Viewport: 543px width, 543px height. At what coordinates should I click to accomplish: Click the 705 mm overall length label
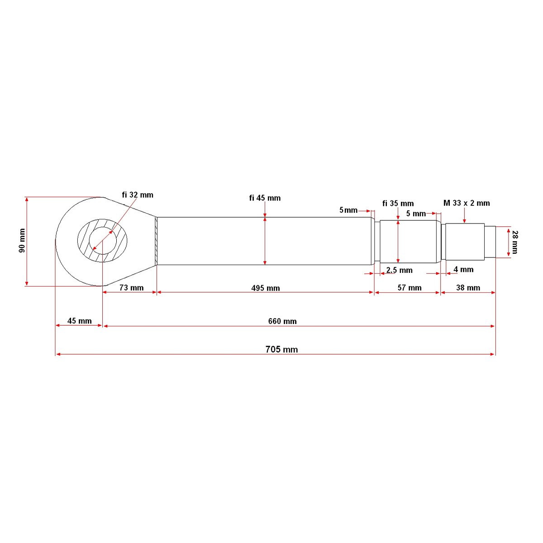281,349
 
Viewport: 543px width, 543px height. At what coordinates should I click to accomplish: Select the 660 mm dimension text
282,321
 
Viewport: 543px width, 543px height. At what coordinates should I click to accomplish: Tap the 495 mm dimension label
266,288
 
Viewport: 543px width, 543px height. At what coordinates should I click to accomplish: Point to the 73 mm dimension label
131,288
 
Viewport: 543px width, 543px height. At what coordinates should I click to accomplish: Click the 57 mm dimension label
410,288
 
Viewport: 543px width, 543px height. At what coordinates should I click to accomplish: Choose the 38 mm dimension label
468,288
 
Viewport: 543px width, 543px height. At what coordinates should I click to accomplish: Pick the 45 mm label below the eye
80,321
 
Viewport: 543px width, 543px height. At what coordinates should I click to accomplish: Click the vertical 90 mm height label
22,241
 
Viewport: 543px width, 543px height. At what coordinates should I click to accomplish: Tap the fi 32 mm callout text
138,195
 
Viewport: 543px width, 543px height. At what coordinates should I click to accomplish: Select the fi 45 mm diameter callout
265,198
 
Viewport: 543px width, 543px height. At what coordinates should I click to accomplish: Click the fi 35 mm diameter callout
398,204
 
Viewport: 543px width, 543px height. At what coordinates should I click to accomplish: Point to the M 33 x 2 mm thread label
467,203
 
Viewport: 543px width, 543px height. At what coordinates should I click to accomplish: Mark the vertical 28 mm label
514,242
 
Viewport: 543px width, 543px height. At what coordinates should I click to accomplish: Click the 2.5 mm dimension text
399,270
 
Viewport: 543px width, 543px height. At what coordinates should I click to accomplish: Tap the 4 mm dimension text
463,270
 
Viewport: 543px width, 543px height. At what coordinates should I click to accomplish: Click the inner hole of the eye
103,241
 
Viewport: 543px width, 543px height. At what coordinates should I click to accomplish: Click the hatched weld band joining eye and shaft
156,241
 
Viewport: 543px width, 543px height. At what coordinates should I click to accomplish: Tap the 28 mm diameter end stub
490,242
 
